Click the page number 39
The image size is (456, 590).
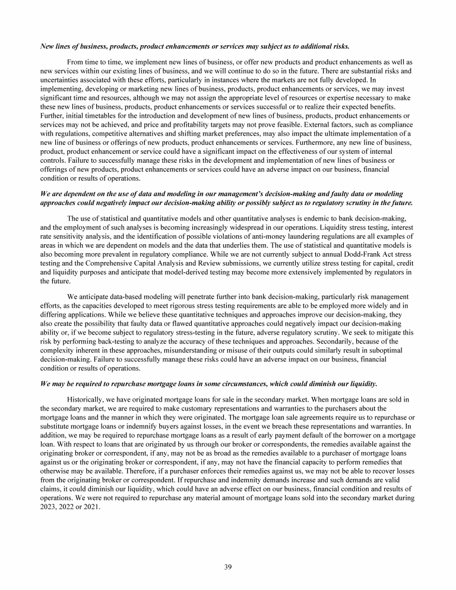[228, 567]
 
